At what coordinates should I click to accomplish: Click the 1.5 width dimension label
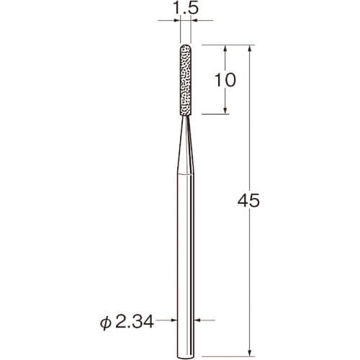tap(186, 8)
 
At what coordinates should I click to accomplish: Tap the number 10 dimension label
tap(225, 80)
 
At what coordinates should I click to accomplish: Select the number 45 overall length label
tap(248, 200)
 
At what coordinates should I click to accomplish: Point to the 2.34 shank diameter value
tap(134, 322)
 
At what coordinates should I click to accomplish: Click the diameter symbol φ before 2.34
tap(106, 323)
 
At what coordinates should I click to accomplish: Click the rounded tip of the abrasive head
tap(186, 45)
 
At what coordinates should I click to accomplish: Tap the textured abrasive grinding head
tap(186, 80)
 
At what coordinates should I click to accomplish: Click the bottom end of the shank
tap(186, 358)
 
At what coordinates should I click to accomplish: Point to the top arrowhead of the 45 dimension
tap(250, 48)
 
